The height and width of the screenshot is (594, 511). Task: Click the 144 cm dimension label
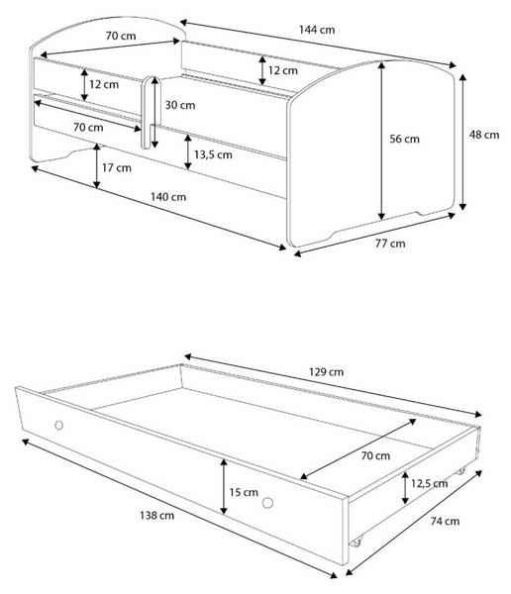(x=317, y=30)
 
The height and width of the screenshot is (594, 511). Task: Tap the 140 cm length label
(x=168, y=197)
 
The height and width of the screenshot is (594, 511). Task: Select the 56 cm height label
(x=404, y=139)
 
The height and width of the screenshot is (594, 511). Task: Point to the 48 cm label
(x=484, y=135)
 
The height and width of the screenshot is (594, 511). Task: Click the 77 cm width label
(x=390, y=244)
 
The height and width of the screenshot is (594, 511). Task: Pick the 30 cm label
(x=180, y=105)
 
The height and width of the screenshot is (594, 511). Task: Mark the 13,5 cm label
(x=213, y=154)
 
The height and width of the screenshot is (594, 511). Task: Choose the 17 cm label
(x=117, y=167)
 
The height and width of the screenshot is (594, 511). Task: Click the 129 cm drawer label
(x=327, y=371)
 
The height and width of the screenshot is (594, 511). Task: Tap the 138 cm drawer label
(x=156, y=515)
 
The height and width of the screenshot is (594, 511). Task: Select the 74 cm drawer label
(x=445, y=522)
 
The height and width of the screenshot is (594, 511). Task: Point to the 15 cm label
(x=244, y=492)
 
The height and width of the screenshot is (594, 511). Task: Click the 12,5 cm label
(x=429, y=483)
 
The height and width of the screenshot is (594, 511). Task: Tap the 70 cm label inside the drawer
(x=375, y=455)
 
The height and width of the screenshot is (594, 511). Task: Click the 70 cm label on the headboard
(x=121, y=36)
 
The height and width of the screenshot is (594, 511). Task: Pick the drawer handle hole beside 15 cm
(x=267, y=503)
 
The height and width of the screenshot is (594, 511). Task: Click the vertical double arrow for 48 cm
(x=462, y=142)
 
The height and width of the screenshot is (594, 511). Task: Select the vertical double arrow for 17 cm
(x=97, y=166)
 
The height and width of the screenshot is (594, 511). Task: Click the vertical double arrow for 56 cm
(x=381, y=141)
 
